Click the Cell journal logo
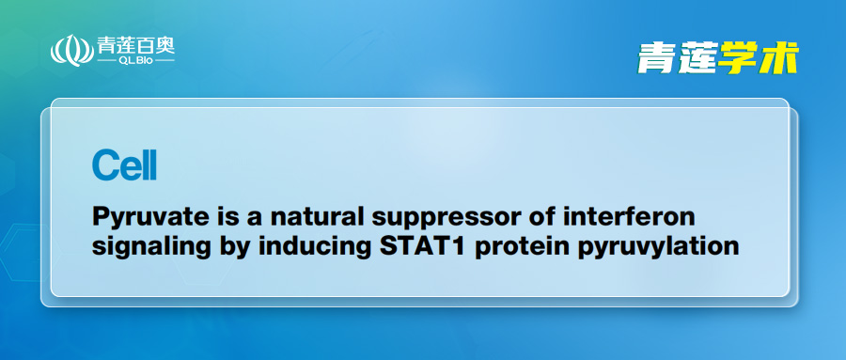(124, 165)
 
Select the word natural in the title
(313, 217)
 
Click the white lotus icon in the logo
(71, 50)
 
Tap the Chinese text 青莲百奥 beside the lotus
(136, 45)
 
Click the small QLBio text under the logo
(136, 60)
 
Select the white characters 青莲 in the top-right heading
(677, 57)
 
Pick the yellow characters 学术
(758, 57)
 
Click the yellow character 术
(779, 57)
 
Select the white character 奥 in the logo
(165, 45)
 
